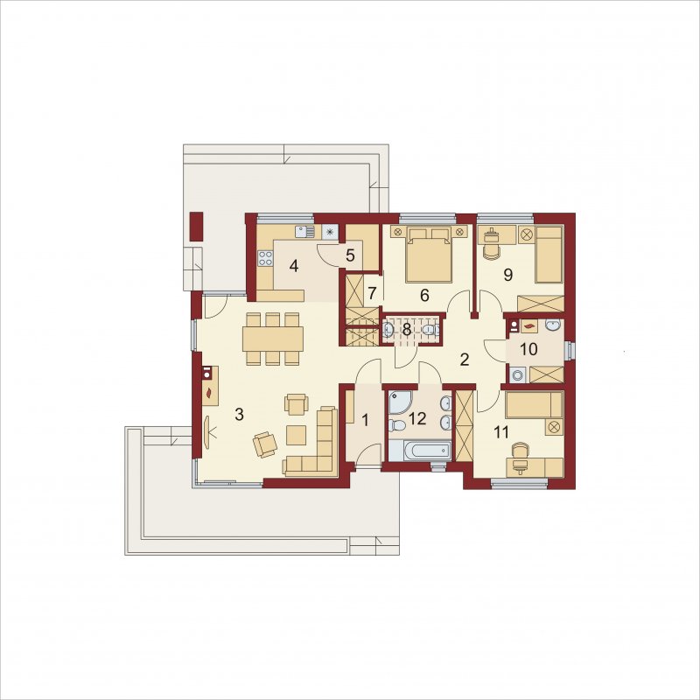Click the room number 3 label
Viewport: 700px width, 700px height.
(239, 415)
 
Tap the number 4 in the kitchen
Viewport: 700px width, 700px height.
(293, 266)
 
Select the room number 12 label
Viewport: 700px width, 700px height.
(417, 419)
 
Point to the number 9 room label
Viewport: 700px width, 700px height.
(507, 275)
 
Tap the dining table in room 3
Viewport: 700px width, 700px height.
(273, 339)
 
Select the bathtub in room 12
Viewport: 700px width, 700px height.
(420, 450)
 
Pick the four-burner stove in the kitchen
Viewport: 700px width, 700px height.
(265, 258)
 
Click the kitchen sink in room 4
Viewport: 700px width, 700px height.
(304, 232)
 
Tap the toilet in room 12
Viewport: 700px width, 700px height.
(395, 425)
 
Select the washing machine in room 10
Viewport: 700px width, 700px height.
(518, 374)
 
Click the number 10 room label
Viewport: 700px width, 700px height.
(528, 349)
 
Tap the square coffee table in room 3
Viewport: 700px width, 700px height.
(296, 435)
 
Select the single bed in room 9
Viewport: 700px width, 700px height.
(549, 255)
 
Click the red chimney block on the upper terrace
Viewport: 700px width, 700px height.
(197, 227)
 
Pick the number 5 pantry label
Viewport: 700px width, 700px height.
(350, 255)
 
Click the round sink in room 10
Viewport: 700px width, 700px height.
(553, 325)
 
